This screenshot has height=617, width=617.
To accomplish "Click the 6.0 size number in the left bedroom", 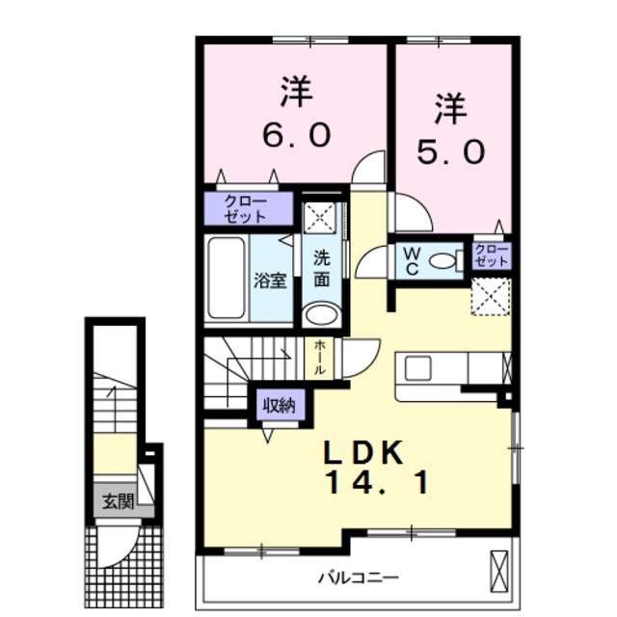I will coord(296,135).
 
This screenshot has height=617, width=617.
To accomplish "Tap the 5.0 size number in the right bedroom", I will coord(449,151).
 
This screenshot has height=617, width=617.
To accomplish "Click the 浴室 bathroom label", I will coord(269,281).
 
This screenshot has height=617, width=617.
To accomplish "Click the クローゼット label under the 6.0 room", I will coord(247,208).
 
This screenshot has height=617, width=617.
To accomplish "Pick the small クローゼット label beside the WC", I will coord(491,255).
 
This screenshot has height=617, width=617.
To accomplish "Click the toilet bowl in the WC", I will coord(443,260).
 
